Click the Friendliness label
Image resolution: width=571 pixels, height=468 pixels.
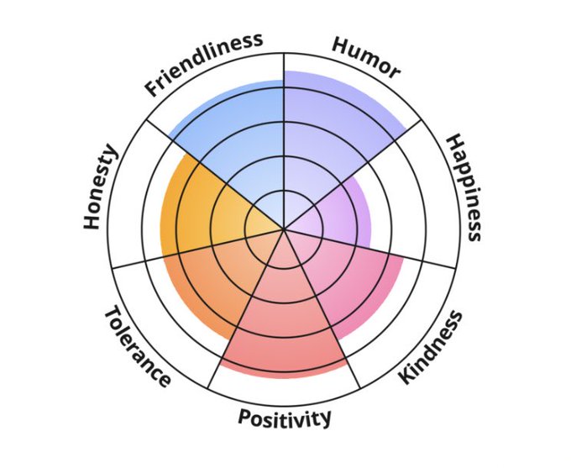pos(204,65)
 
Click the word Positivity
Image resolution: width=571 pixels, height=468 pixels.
pos(285,418)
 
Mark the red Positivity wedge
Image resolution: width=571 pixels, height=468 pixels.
pos(284,328)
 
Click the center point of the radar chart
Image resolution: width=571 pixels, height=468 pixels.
pos(284,228)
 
